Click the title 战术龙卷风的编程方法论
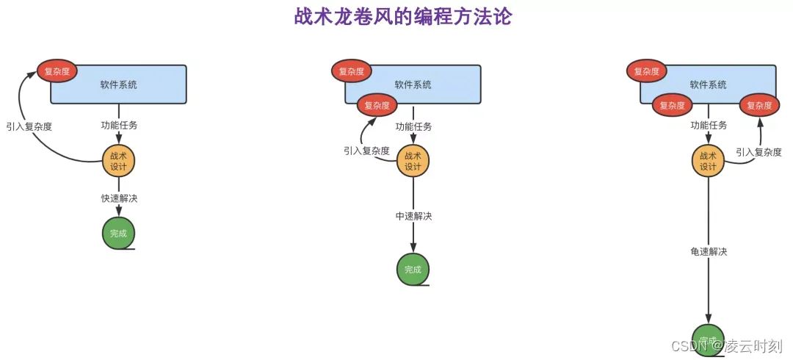point(402,16)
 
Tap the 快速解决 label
point(119,198)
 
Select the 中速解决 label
point(413,216)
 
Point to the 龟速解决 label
point(709,251)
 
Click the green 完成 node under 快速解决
point(118,233)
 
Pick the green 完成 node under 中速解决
point(413,270)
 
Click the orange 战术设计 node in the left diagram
point(118,161)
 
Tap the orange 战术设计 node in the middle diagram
point(413,161)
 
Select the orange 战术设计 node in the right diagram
point(708,161)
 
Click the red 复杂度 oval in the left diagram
point(57,71)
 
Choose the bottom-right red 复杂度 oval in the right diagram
point(759,105)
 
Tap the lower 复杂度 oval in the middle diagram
point(377,105)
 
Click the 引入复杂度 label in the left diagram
point(29,126)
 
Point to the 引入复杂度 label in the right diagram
point(758,152)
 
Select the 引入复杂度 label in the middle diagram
point(366,151)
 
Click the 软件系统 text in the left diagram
point(119,84)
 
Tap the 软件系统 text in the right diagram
point(708,84)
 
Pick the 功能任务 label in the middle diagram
point(413,126)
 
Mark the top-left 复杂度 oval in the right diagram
point(647,71)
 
